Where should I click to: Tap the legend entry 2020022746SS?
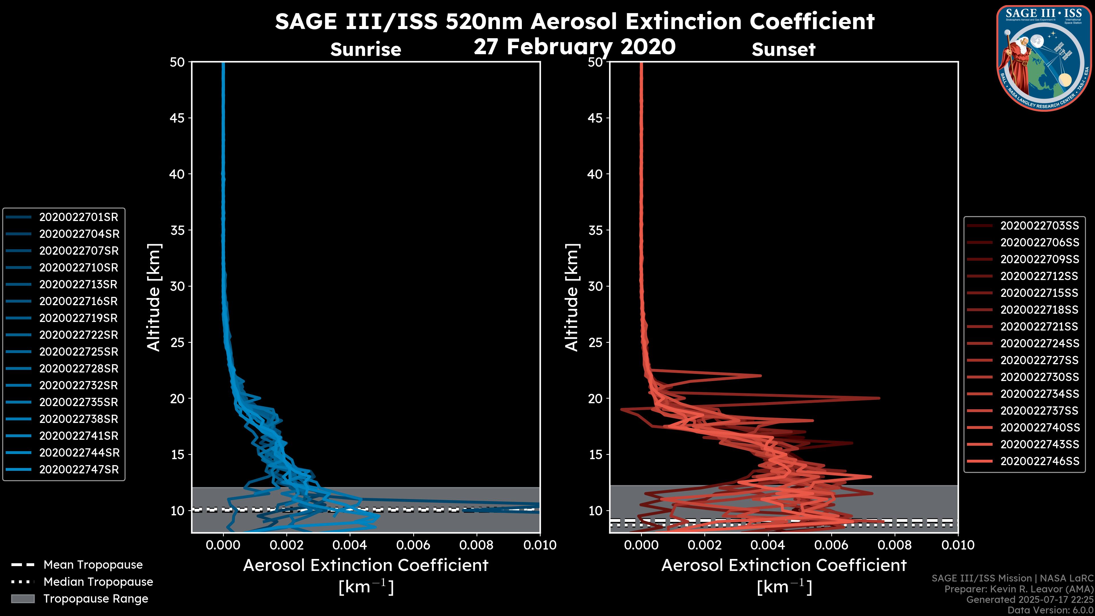[1039, 461]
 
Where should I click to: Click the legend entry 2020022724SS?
[1039, 343]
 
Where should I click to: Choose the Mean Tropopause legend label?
[93, 565]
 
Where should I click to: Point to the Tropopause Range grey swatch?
[23, 599]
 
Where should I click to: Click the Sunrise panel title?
[366, 50]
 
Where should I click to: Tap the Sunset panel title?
[783, 50]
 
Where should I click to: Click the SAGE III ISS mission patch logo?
[1044, 58]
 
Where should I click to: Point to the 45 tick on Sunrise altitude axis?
[177, 118]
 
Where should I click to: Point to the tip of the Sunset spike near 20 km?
[879, 398]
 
